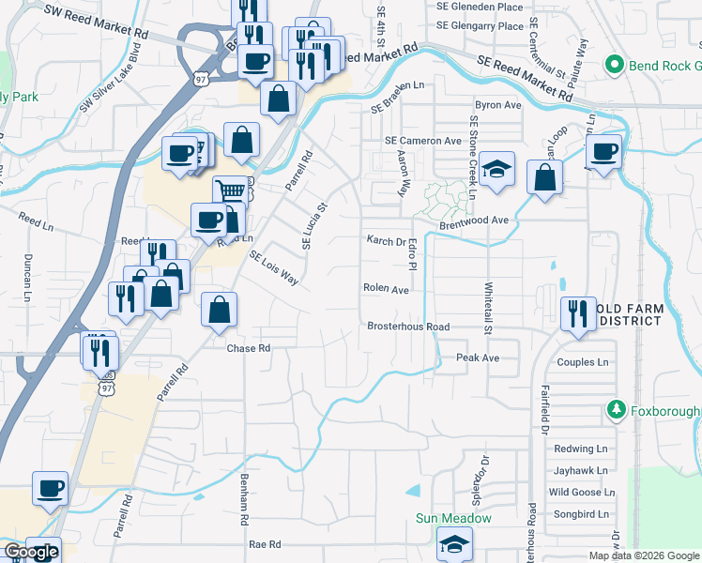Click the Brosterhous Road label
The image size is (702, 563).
pyautogui.click(x=408, y=327)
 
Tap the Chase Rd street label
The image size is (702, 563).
pyautogui.click(x=249, y=348)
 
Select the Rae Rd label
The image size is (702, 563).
pyautogui.click(x=265, y=544)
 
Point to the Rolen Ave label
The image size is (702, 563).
pyautogui.click(x=386, y=290)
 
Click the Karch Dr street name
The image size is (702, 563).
pyautogui.click(x=385, y=240)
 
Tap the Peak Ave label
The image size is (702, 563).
pyautogui.click(x=478, y=358)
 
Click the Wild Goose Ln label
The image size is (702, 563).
pyautogui.click(x=582, y=492)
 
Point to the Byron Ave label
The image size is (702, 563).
pyautogui.click(x=497, y=105)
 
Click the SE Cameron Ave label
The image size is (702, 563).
pyautogui.click(x=423, y=140)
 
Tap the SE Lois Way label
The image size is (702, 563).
pyautogui.click(x=274, y=268)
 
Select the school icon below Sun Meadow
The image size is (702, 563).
pyautogui.click(x=454, y=542)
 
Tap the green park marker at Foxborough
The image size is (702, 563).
pyautogui.click(x=616, y=409)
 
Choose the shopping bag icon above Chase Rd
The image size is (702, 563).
pyautogui.click(x=219, y=310)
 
